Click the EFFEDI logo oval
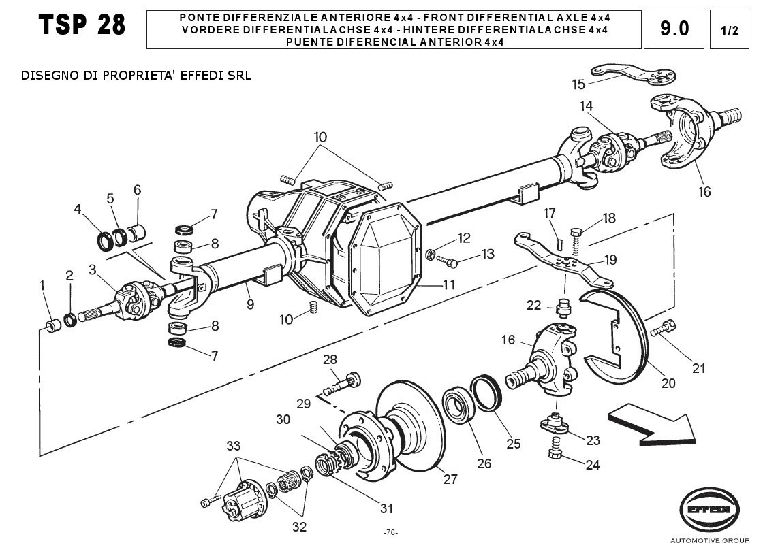click(709, 510)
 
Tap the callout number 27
click(450, 479)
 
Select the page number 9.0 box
click(674, 29)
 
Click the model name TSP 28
click(82, 25)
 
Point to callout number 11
click(448, 284)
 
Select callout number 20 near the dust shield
click(668, 383)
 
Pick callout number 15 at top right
click(578, 84)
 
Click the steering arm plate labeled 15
click(634, 74)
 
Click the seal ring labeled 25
click(486, 393)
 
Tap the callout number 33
click(234, 446)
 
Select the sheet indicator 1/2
click(729, 29)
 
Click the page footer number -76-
click(390, 532)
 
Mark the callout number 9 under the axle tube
click(250, 304)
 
